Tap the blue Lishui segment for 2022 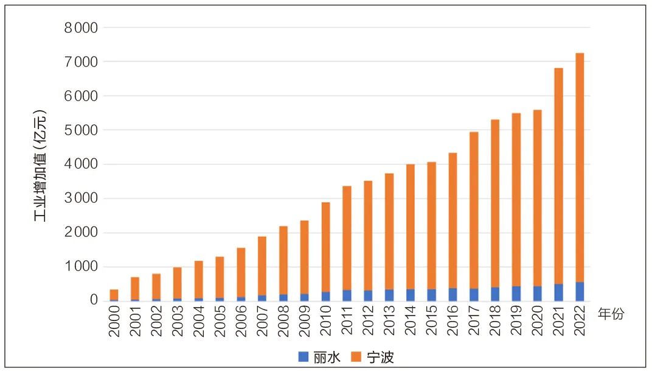pos(580,291)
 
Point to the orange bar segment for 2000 pos(114,294)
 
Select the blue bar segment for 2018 pos(495,294)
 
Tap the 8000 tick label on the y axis pos(81,28)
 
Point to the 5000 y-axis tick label pos(81,130)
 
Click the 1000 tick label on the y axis pos(81,267)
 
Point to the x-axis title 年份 pos(611,314)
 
